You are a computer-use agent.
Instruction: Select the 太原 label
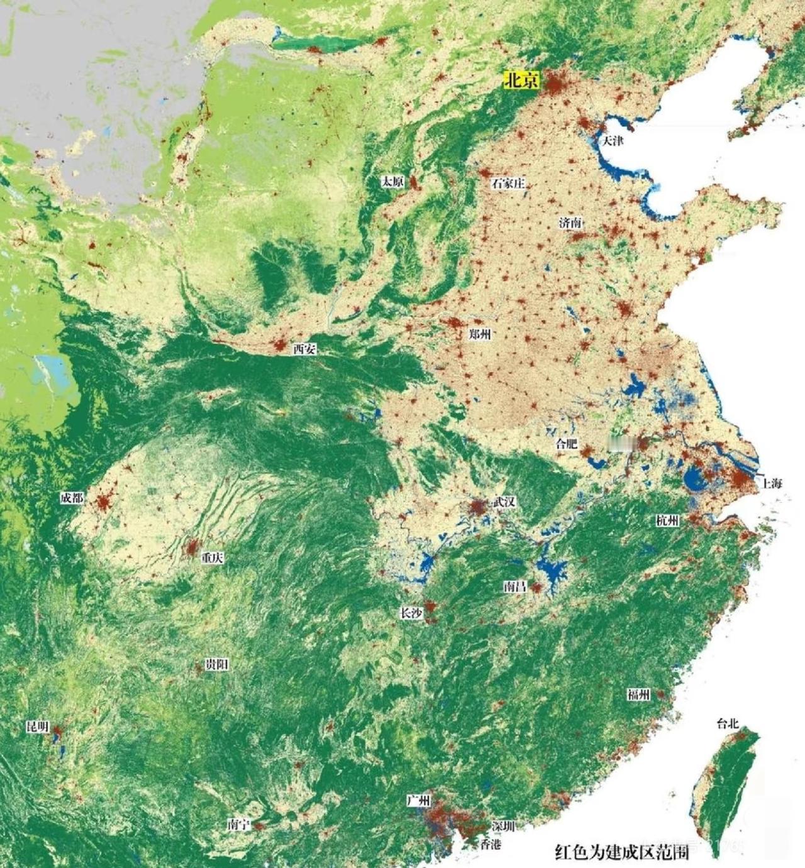(x=393, y=182)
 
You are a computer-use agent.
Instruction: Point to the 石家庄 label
(x=508, y=184)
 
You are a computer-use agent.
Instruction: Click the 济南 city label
(x=570, y=223)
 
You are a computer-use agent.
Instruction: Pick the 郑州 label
(x=480, y=334)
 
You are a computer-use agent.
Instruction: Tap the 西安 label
(x=304, y=349)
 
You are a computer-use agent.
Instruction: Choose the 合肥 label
(x=566, y=444)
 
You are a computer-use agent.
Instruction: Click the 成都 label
(x=72, y=498)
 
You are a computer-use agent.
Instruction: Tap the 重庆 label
(x=212, y=558)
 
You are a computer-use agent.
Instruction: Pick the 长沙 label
(x=411, y=613)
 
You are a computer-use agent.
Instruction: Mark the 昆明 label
(x=37, y=727)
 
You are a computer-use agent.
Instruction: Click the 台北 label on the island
(x=727, y=723)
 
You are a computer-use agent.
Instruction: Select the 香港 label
(x=491, y=845)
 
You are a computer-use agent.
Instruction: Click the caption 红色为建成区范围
(x=621, y=852)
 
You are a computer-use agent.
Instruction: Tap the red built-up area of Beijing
(x=557, y=84)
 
